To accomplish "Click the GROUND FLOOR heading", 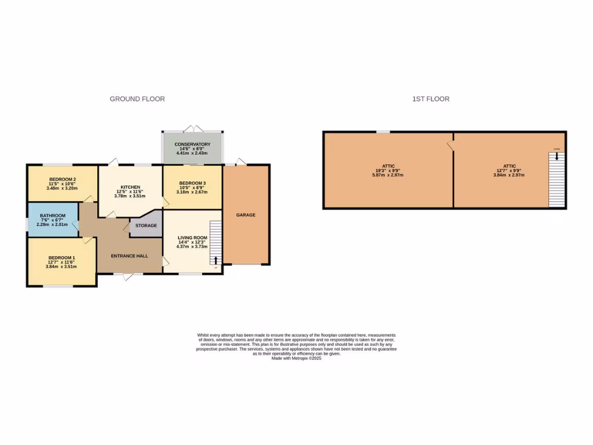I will point(137,99).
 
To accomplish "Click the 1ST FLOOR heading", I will point(430,99).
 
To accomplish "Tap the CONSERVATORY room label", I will point(192,144).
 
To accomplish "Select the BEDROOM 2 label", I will point(63,179).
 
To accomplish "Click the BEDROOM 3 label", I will point(192,183).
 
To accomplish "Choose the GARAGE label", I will point(246,215).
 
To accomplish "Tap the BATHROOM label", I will point(53,216).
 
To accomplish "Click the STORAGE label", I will point(146,225).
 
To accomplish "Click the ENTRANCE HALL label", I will point(130,256).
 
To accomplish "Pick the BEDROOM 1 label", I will point(61,258).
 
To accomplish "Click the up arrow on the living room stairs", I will point(216,260).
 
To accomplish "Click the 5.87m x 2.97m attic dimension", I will point(388,174).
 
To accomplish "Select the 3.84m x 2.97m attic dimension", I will point(509,174).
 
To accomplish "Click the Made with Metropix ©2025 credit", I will point(296,359).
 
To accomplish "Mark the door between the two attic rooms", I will point(450,145).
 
